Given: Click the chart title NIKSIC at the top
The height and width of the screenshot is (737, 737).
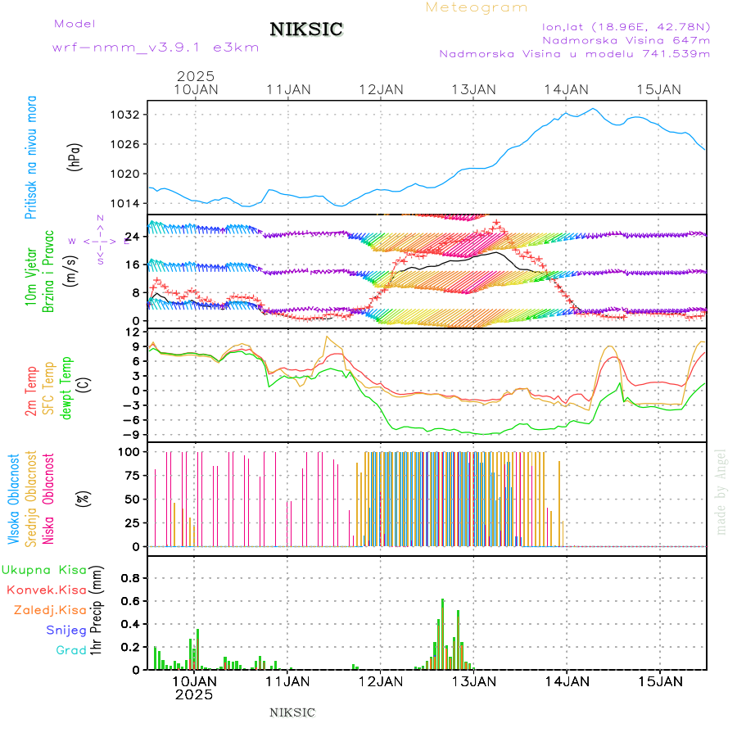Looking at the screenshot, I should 306,30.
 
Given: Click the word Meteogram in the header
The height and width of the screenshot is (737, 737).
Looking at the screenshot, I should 477,7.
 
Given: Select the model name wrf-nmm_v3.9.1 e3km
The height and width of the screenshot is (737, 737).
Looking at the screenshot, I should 155,47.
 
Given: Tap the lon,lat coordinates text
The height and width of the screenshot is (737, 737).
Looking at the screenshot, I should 626,26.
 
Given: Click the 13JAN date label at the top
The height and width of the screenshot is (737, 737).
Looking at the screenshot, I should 475,89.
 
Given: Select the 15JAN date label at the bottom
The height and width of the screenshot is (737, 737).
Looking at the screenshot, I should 660,681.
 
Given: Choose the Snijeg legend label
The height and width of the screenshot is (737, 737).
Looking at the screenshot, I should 66,630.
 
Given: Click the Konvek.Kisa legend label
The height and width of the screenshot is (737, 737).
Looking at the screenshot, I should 47,590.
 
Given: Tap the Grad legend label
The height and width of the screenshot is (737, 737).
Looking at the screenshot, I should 71,650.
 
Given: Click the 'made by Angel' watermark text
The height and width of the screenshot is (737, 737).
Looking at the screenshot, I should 721,491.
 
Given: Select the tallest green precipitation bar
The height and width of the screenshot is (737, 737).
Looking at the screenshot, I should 443,634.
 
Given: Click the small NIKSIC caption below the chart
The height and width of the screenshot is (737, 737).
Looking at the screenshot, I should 292,712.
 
